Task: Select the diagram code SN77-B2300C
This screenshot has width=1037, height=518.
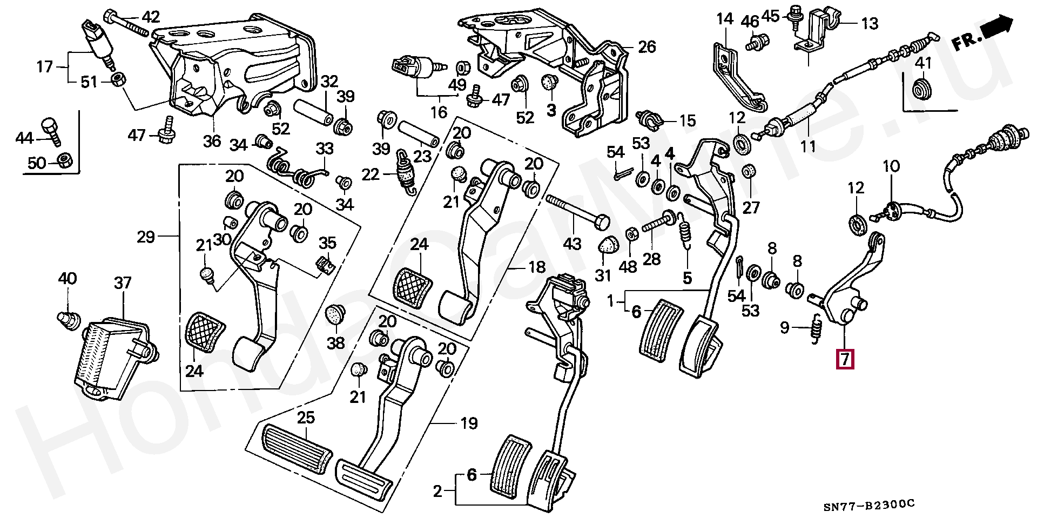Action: coord(869,504)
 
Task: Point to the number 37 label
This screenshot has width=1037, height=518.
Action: coord(123,282)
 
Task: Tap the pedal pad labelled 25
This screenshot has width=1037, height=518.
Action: coord(296,444)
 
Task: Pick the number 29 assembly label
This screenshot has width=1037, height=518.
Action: coord(146,237)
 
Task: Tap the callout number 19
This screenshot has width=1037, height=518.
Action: coord(469,423)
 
